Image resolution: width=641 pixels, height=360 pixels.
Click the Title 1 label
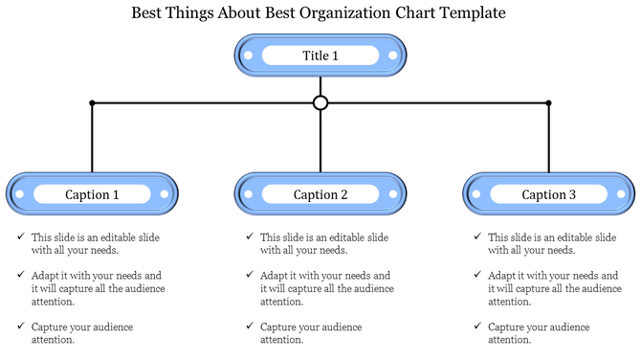[320, 56]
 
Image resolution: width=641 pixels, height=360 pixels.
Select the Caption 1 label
[92, 194]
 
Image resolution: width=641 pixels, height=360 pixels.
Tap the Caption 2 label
[320, 194]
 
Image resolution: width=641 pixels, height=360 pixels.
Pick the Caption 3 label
[548, 194]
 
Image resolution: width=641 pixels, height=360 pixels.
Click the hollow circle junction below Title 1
[320, 102]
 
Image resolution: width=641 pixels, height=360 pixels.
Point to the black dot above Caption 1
[92, 102]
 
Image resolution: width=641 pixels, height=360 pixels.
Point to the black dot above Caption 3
[549, 102]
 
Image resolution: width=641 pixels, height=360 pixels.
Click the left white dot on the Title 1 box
[248, 56]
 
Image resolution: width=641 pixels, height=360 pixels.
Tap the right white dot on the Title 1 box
[393, 56]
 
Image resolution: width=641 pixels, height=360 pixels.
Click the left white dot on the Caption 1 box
[20, 194]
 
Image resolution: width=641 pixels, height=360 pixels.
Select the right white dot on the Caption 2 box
[392, 194]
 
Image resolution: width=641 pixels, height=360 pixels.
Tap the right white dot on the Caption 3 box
[621, 194]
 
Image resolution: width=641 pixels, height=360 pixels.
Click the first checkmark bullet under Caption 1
[20, 236]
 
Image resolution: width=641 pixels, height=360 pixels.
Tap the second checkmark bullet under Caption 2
[249, 274]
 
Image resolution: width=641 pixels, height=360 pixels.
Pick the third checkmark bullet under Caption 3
[476, 326]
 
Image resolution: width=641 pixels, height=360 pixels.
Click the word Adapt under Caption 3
[502, 275]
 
